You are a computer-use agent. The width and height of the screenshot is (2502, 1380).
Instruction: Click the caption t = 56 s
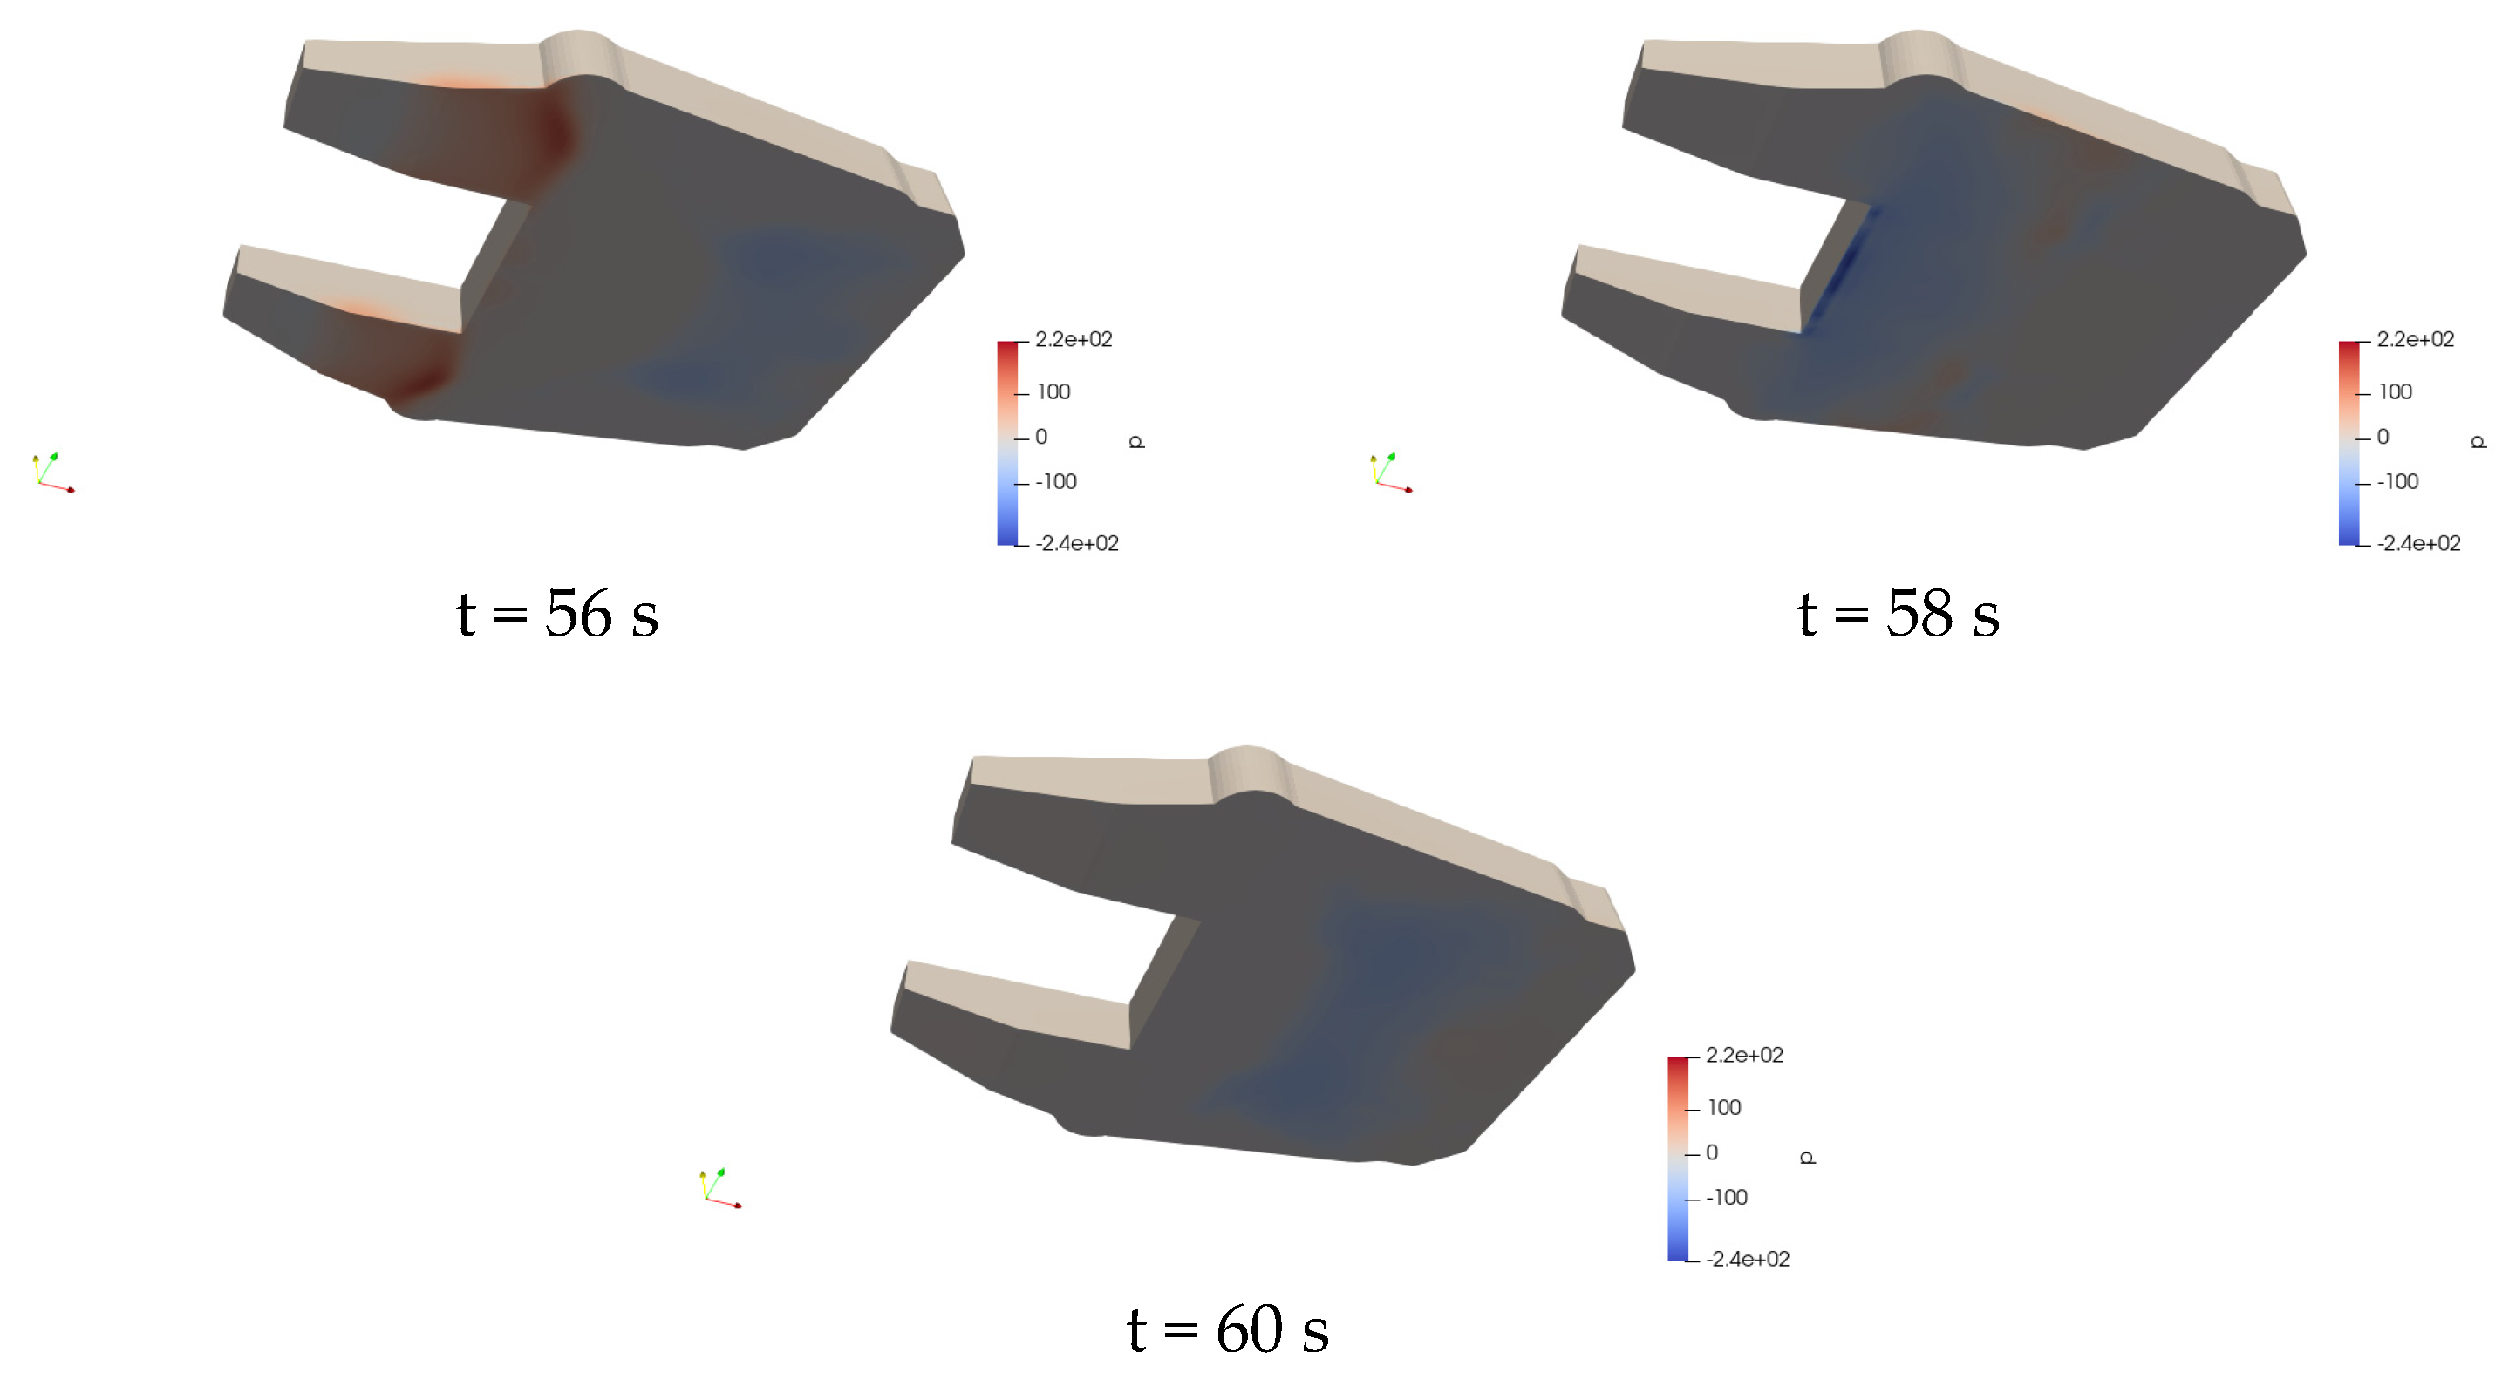[x=557, y=614]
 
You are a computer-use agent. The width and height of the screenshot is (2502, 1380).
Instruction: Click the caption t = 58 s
[x=1898, y=614]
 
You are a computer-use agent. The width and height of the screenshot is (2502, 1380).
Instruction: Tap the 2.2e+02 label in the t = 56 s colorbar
[x=1074, y=339]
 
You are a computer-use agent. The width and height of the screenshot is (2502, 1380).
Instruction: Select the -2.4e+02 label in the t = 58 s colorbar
[x=2418, y=543]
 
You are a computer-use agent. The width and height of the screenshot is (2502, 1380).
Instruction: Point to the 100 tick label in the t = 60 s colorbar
[x=1724, y=1107]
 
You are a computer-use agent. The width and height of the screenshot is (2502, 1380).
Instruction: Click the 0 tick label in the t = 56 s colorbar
[x=1041, y=437]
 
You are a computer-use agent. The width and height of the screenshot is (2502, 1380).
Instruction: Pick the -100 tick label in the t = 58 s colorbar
[x=2397, y=482]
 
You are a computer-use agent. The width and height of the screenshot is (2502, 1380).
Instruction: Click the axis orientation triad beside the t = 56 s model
[x=52, y=473]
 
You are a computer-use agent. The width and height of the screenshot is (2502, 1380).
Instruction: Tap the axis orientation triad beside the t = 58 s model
[x=1391, y=473]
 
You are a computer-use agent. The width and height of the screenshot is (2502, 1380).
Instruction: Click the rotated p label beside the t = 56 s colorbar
[x=1137, y=442]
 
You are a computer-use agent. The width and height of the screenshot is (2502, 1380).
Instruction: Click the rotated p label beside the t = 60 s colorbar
[x=1808, y=1157]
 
